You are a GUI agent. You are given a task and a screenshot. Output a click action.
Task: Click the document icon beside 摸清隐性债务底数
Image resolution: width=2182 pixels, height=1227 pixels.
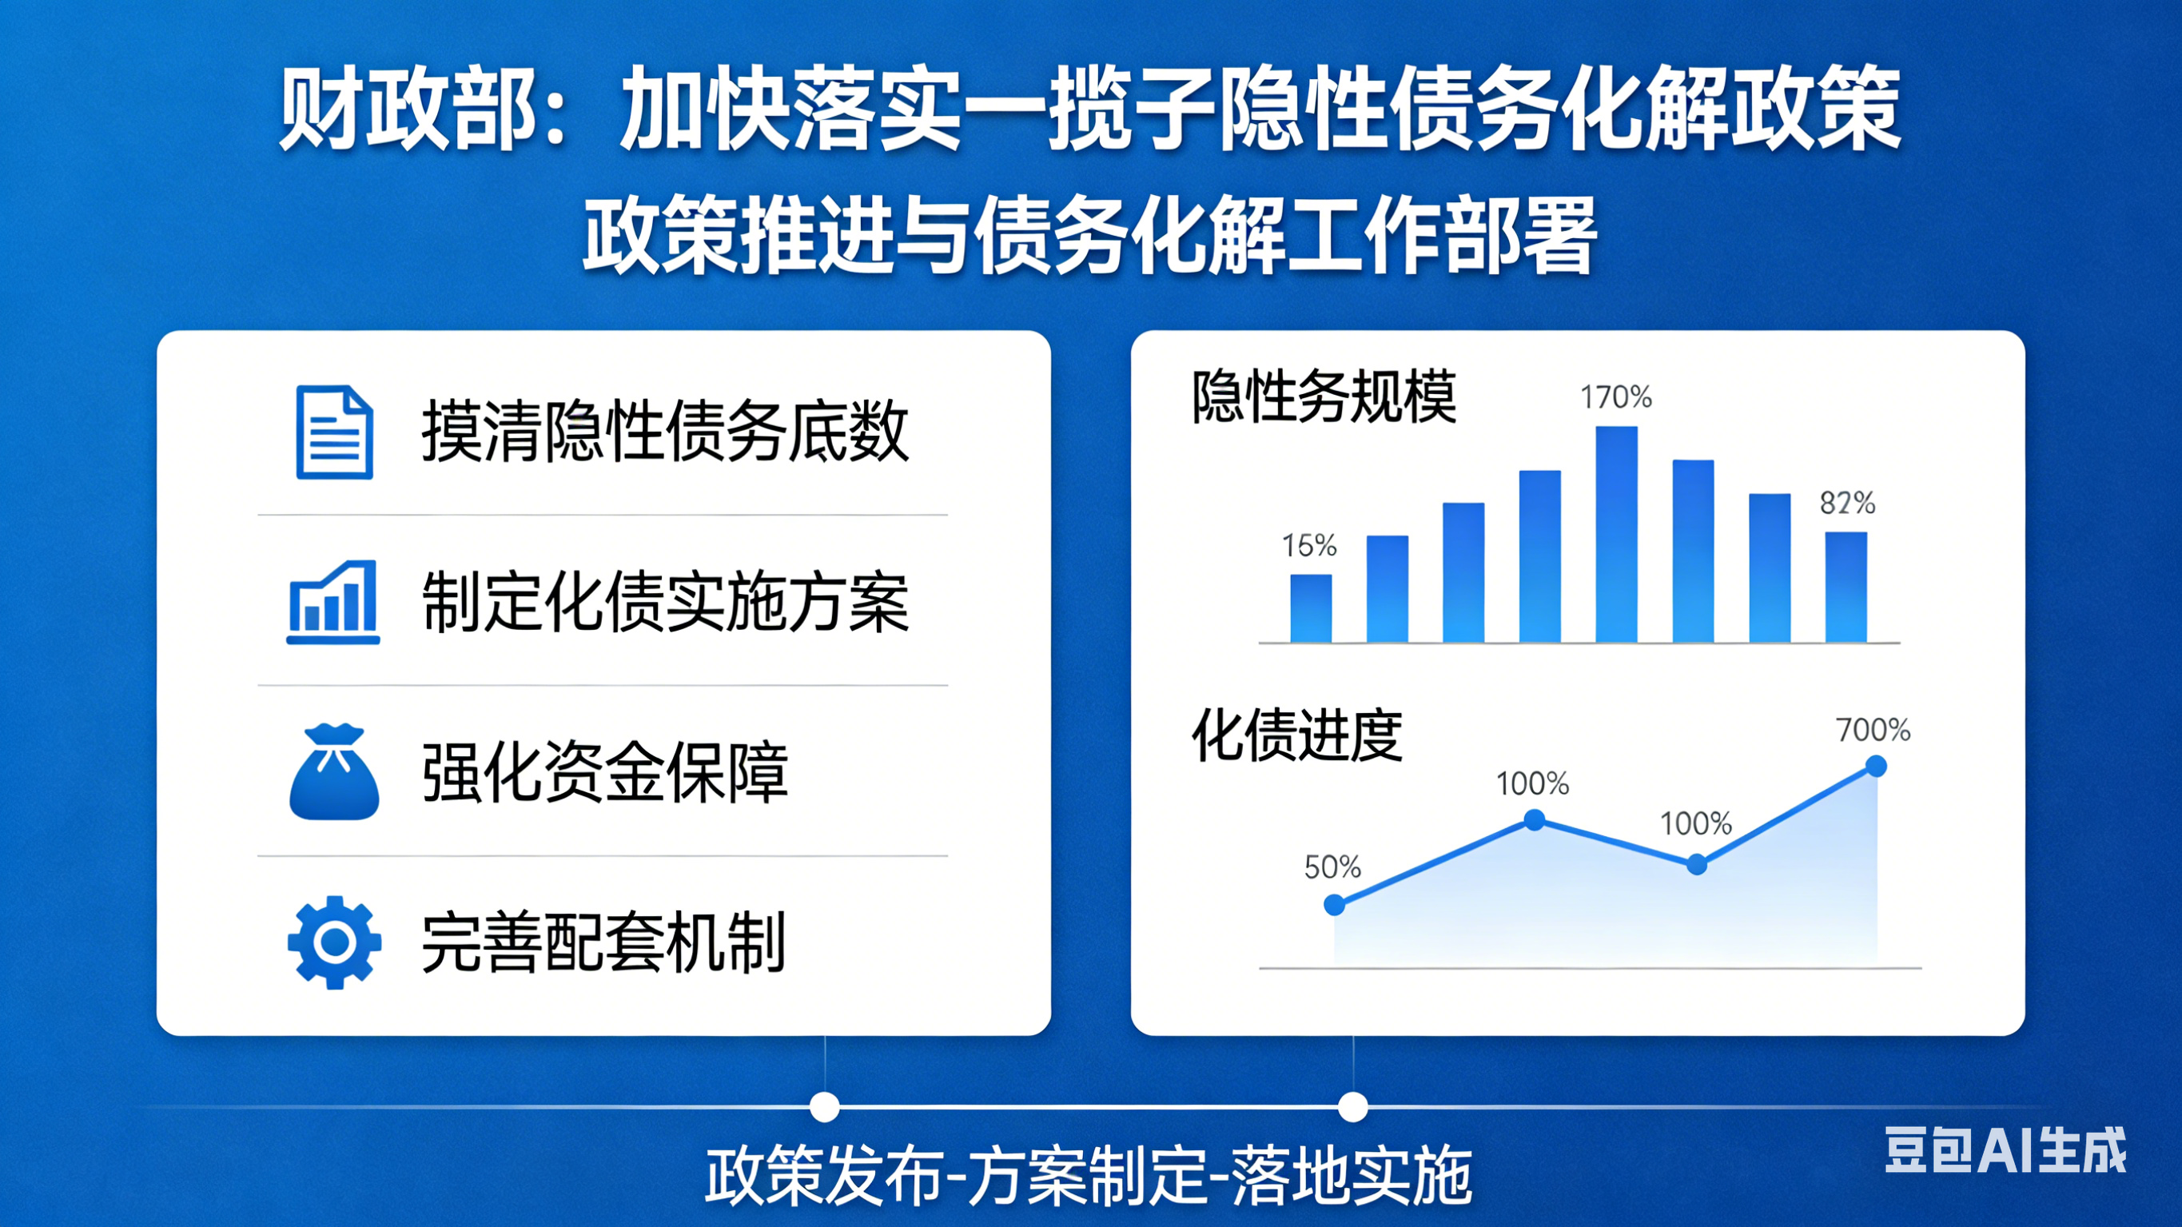(x=335, y=432)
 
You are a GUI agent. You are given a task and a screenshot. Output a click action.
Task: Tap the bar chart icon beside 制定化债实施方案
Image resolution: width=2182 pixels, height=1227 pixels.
(x=332, y=602)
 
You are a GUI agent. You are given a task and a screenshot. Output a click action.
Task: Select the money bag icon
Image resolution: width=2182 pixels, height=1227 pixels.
(x=334, y=772)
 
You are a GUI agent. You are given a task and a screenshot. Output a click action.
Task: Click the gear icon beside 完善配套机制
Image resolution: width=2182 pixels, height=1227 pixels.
(x=335, y=942)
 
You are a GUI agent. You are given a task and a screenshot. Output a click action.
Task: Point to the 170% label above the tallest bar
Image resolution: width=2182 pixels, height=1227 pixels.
(x=1616, y=396)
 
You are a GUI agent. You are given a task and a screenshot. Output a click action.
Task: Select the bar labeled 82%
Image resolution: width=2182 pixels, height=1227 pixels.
(x=1846, y=588)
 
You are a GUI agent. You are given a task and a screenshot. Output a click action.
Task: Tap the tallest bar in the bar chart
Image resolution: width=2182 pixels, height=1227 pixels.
(x=1616, y=535)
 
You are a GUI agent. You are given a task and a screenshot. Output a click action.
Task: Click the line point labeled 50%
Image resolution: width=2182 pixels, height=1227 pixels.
(x=1335, y=905)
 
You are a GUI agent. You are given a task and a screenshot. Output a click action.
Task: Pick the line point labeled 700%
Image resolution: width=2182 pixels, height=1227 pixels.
(x=1876, y=767)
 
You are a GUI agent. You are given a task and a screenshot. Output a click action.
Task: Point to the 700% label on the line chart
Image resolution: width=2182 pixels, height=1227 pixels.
(x=1873, y=730)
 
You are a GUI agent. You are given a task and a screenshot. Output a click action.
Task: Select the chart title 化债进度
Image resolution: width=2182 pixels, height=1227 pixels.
(x=1297, y=735)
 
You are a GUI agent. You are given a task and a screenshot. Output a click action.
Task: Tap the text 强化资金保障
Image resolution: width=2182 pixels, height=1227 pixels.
(x=605, y=772)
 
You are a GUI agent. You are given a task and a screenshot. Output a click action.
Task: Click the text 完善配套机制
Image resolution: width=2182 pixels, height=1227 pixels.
(x=604, y=942)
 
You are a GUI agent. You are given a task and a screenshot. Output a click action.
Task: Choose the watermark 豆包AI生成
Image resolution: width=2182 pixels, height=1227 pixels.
(x=2005, y=1150)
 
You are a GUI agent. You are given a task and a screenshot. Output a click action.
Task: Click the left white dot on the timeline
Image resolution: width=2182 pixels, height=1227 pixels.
(x=824, y=1106)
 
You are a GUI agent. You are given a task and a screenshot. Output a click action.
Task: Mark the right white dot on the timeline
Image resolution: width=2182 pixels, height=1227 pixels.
(x=1352, y=1106)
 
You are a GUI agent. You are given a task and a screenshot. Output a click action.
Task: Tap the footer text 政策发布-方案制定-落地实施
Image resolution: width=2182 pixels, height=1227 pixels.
(x=1089, y=1175)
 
